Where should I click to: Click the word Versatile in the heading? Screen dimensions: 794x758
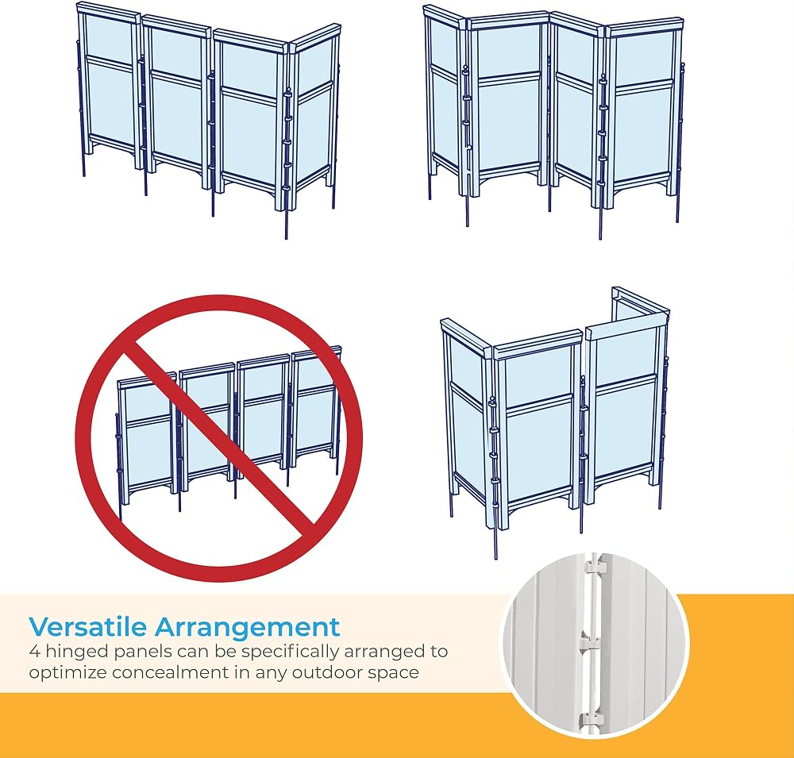click(87, 627)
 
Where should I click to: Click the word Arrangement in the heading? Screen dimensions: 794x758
click(247, 628)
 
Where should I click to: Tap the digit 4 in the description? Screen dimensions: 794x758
click(34, 651)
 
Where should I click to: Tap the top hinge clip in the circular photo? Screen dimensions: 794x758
click(596, 567)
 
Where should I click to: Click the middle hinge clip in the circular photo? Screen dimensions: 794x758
click(590, 641)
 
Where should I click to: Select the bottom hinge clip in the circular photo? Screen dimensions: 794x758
click(591, 719)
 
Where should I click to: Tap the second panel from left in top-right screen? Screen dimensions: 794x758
click(507, 106)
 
